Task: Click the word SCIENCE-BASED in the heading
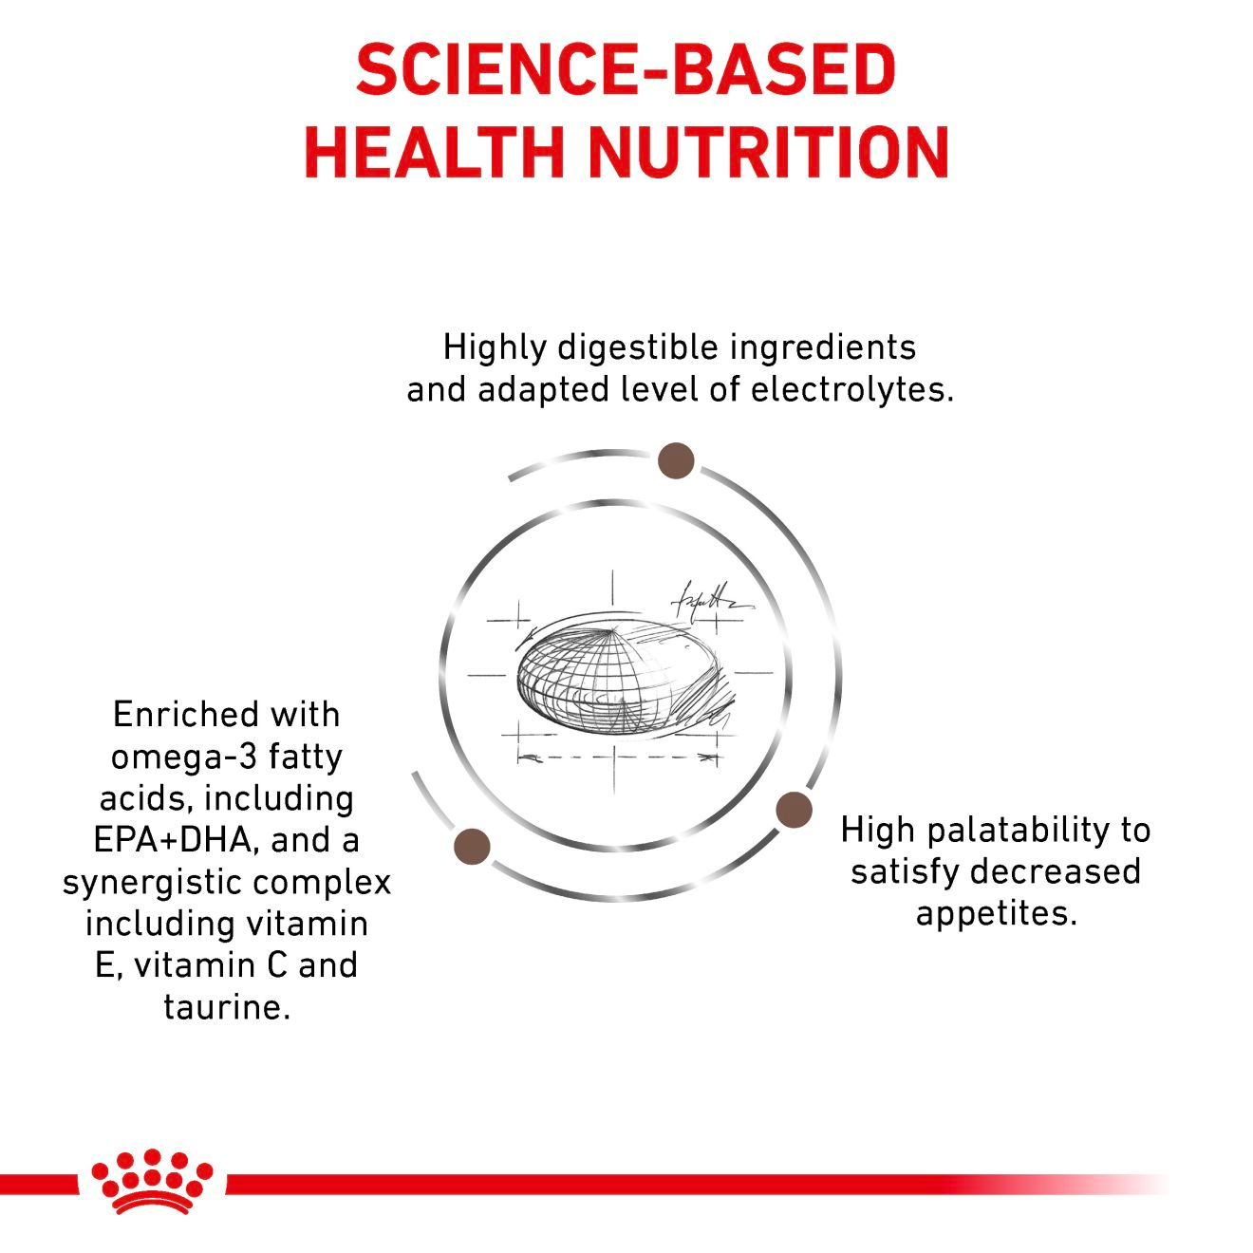(626, 70)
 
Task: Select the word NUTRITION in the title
(769, 152)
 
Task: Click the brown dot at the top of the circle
(676, 460)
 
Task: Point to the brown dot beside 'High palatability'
(794, 810)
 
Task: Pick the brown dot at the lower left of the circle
(473, 846)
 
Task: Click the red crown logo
(151, 1182)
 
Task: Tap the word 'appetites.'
(996, 914)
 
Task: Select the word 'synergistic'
(158, 883)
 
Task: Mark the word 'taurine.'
(227, 1007)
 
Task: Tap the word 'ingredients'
(823, 348)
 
